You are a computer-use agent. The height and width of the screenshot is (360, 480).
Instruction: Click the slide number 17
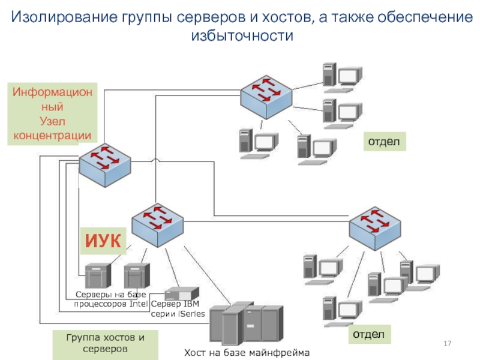(x=446, y=343)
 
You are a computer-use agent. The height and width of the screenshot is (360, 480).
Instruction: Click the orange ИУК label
(x=104, y=242)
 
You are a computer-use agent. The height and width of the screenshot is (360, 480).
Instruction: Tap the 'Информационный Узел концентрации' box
(x=52, y=115)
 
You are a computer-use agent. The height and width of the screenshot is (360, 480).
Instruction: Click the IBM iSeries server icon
(x=181, y=293)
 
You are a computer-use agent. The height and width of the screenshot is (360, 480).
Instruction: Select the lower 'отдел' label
(x=371, y=333)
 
